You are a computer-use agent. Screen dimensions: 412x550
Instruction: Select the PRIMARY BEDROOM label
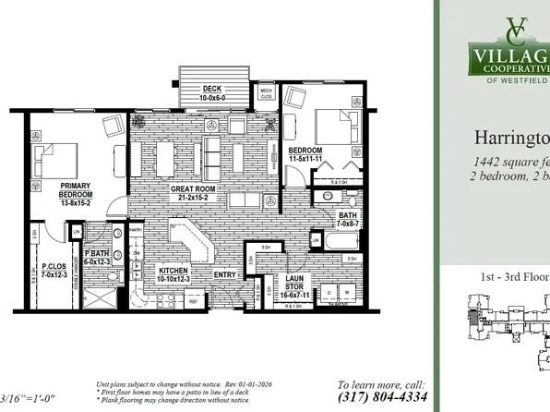coord(76,195)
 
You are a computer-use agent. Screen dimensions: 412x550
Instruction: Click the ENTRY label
coord(225,274)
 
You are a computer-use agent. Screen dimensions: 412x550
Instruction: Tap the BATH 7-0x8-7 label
coord(348,220)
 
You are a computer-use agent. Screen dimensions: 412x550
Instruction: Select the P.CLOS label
coord(51,270)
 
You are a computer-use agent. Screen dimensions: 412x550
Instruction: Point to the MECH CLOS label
coord(266,93)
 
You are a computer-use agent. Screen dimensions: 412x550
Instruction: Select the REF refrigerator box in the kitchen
coord(193,301)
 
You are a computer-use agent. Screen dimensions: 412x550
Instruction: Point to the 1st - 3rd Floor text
coord(508,276)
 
